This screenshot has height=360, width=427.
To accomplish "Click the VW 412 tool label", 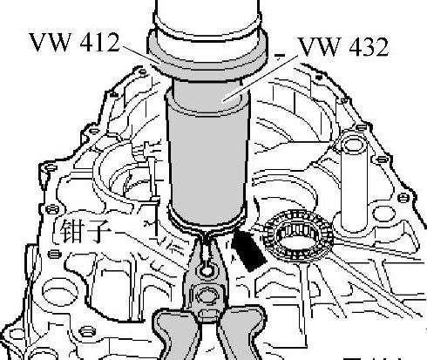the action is [74, 42].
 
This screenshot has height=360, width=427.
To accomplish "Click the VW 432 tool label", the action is [343, 46].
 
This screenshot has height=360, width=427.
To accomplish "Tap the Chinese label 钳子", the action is [82, 230].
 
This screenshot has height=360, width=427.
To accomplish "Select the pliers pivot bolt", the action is [207, 295].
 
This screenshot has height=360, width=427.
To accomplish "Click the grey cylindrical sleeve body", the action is [208, 163].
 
